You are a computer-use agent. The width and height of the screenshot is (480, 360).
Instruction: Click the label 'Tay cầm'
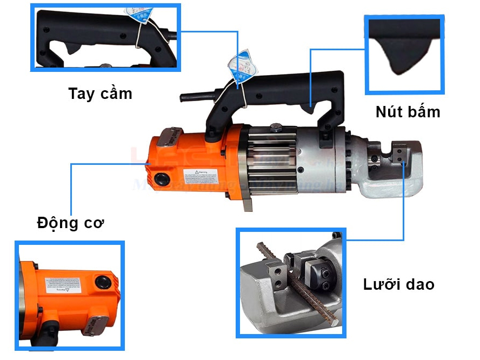click(x=100, y=94)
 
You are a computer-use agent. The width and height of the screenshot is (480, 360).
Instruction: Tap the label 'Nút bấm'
click(x=408, y=112)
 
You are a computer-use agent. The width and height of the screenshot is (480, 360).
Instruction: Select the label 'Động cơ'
click(x=70, y=222)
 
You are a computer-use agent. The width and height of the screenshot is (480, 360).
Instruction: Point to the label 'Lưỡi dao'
click(x=398, y=284)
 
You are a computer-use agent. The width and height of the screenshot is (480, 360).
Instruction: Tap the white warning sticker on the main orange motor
click(x=201, y=176)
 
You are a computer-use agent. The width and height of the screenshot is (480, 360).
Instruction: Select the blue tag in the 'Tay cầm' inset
click(x=137, y=13)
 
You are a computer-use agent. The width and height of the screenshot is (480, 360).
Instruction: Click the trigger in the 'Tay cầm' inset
click(x=73, y=49)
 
